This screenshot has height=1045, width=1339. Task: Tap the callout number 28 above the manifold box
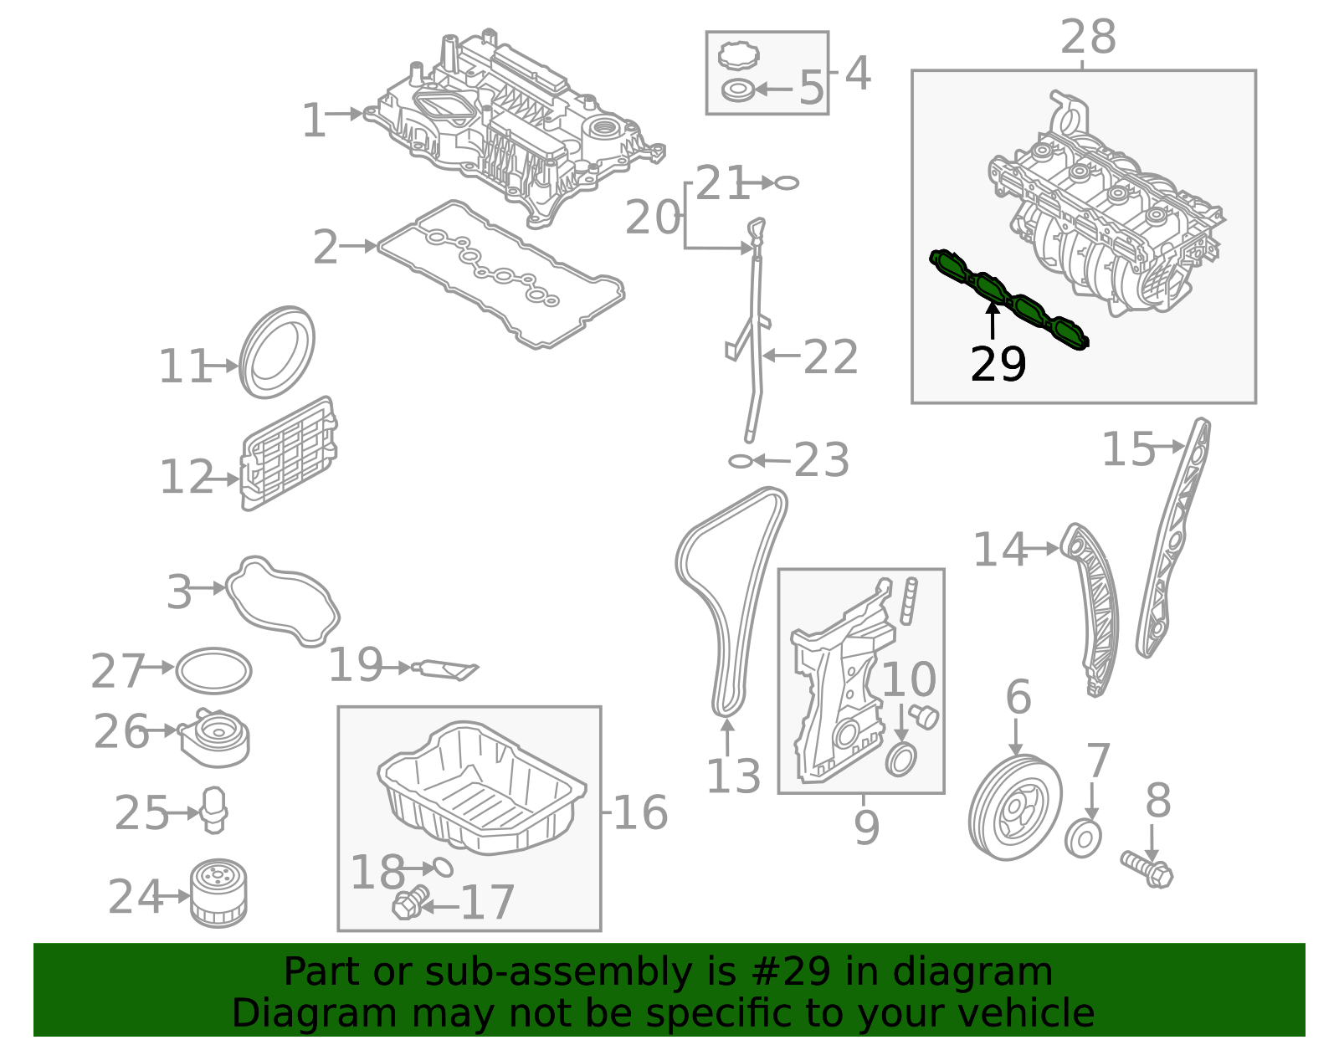point(1088,38)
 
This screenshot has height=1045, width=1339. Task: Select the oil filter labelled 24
point(218,895)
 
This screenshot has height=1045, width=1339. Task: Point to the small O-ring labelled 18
point(443,867)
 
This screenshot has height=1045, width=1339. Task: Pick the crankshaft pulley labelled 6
point(1014,807)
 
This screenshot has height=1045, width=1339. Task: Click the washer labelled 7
point(1083,839)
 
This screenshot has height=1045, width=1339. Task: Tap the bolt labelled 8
point(1147,869)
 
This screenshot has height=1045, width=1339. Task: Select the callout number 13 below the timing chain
point(733,776)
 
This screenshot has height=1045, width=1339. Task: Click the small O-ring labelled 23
point(740,461)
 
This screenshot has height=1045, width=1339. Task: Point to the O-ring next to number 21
point(787,182)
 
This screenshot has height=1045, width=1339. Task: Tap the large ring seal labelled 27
point(214,671)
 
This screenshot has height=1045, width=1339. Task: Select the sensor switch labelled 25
point(215,810)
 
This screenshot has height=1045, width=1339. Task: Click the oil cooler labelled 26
point(215,737)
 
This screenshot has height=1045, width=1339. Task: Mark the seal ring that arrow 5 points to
point(737,90)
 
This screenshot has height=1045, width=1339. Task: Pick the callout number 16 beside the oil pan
point(640,813)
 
